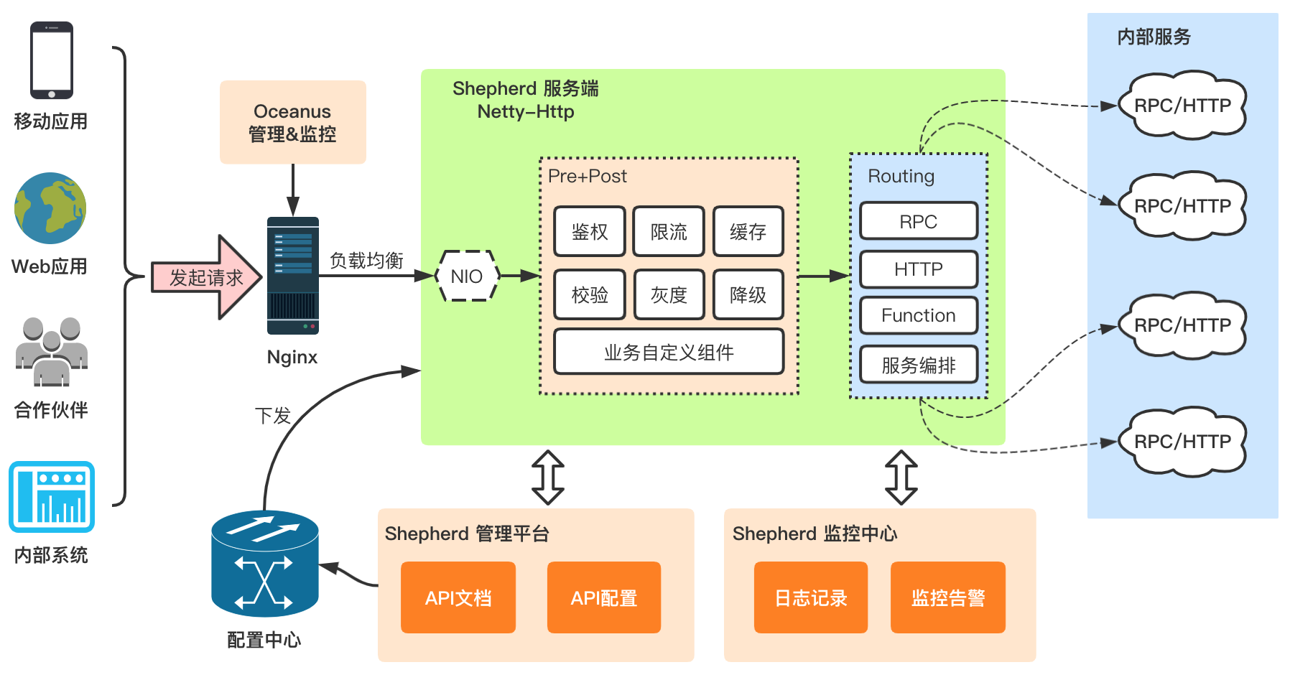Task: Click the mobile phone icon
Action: pos(51,60)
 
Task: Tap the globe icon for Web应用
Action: pos(50,208)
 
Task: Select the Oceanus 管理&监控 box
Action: pos(292,122)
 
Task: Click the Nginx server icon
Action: pos(292,276)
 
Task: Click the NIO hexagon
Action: pos(467,276)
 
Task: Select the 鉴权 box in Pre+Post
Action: pos(590,231)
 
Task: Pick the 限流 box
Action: pos(669,231)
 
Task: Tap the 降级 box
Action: pos(748,294)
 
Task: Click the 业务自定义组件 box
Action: pos(669,352)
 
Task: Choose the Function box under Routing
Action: pos(919,315)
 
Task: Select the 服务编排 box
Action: pos(919,365)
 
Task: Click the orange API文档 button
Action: pos(458,597)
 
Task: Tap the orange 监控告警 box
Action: pos(948,597)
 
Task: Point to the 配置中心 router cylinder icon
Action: pos(264,564)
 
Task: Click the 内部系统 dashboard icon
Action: pos(52,497)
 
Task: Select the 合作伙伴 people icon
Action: pos(52,352)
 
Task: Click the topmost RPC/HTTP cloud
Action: pos(1182,106)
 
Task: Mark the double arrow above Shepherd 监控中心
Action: pos(901,478)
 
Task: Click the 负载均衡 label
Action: pos(366,260)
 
